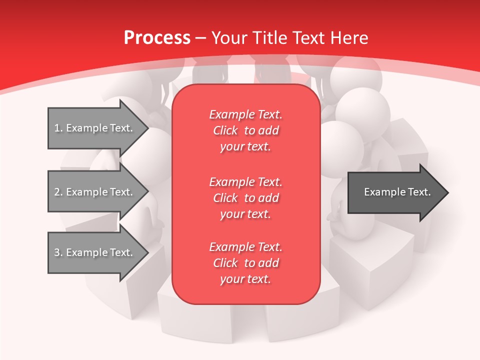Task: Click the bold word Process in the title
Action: pyautogui.click(x=156, y=38)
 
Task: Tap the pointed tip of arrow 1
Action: pyautogui.click(x=147, y=128)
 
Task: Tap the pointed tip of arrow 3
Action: pyautogui.click(x=147, y=252)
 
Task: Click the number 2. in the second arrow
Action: pyautogui.click(x=58, y=192)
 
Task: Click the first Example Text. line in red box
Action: pyautogui.click(x=245, y=114)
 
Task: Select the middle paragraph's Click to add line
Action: pyautogui.click(x=245, y=198)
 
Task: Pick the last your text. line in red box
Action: pyautogui.click(x=245, y=279)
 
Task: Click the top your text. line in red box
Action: pyautogui.click(x=245, y=147)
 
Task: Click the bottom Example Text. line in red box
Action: pyautogui.click(x=245, y=247)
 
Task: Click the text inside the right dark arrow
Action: pyautogui.click(x=397, y=192)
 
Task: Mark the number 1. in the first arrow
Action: pyautogui.click(x=58, y=128)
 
